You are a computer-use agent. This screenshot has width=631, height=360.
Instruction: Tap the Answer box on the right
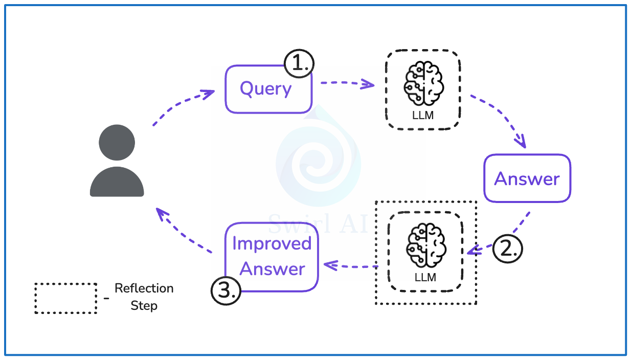click(x=527, y=178)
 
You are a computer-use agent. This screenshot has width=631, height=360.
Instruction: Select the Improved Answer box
click(x=272, y=257)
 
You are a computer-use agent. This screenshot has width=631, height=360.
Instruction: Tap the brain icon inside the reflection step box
click(x=425, y=245)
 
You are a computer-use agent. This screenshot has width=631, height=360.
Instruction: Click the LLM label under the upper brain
click(x=423, y=116)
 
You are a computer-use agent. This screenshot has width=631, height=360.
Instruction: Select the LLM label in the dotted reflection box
click(x=425, y=278)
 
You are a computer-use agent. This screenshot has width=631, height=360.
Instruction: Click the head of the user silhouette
click(x=117, y=142)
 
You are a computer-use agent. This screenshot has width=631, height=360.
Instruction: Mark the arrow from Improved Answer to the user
click(x=183, y=231)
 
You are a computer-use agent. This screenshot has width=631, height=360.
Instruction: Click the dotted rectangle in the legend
click(x=65, y=298)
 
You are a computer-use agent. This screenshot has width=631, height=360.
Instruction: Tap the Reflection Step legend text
click(x=144, y=297)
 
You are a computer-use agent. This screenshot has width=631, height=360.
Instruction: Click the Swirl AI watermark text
click(x=317, y=222)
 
